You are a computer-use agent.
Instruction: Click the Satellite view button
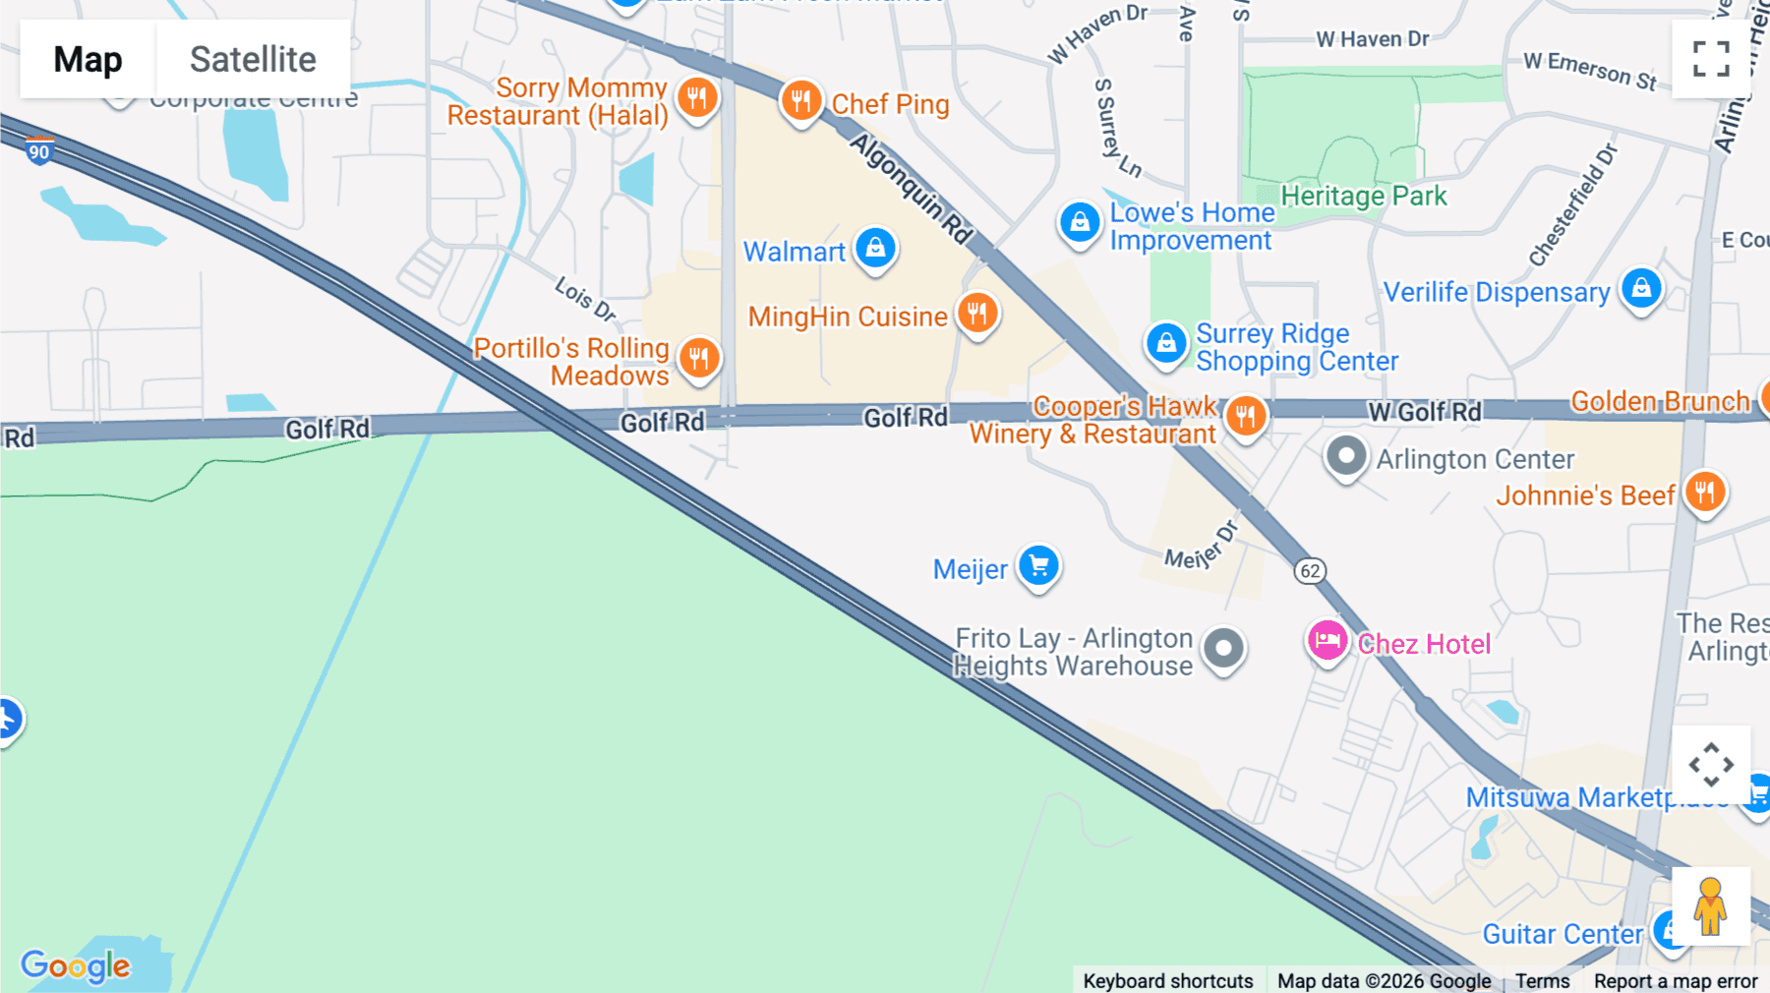click(x=253, y=59)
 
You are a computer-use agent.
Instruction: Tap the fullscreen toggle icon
click(x=1711, y=59)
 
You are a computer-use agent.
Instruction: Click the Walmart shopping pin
click(x=875, y=248)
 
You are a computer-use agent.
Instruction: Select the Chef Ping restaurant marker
click(x=801, y=100)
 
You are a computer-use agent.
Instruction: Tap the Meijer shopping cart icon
click(x=1038, y=566)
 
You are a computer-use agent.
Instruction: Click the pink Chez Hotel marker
click(x=1327, y=641)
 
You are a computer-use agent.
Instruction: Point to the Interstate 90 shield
click(x=39, y=151)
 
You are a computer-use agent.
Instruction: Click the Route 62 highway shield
click(x=1310, y=571)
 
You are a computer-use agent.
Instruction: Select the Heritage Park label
click(x=1364, y=197)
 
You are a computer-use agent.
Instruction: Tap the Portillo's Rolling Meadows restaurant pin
click(x=699, y=358)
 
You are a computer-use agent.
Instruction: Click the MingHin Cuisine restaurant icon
click(x=977, y=314)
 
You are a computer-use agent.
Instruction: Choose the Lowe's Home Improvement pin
click(x=1080, y=223)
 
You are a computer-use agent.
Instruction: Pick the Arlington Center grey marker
click(x=1346, y=456)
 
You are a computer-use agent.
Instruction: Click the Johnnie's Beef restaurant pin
click(x=1705, y=492)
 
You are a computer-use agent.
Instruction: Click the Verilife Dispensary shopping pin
click(x=1641, y=289)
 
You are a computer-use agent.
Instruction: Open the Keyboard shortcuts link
click(x=1168, y=981)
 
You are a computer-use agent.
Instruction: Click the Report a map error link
click(x=1676, y=981)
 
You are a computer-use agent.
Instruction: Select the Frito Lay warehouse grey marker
click(x=1224, y=649)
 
